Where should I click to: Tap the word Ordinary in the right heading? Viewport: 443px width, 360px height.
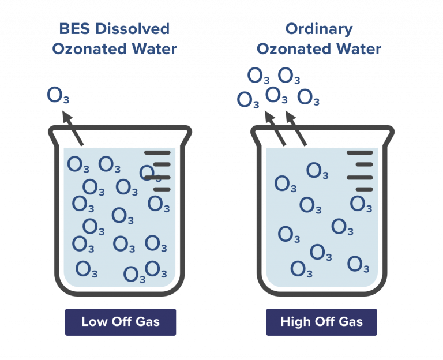pos(318,29)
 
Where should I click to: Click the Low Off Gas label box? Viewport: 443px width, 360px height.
pos(120,322)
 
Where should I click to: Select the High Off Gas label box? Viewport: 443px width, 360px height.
pos(321,322)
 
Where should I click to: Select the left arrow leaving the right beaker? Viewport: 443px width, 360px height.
pos(275,129)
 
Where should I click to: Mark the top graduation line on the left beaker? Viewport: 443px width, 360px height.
pos(157,153)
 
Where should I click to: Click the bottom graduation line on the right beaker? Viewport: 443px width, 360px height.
pos(365,189)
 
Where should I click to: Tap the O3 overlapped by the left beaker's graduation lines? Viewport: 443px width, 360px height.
pos(149,172)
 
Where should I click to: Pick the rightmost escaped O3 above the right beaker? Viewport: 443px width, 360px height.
pos(309,97)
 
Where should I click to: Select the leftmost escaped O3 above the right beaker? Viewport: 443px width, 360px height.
pos(248,99)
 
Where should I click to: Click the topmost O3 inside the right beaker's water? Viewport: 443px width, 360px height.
pos(317,171)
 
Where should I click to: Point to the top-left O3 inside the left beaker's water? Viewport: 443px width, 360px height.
pos(78,165)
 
